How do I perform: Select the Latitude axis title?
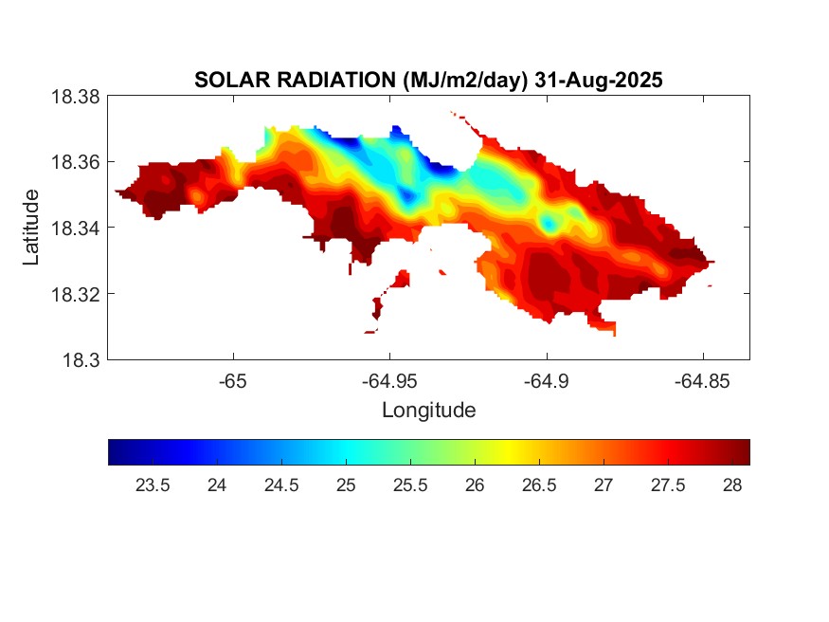31,228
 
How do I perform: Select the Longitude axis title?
428,411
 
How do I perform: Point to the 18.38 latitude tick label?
75,96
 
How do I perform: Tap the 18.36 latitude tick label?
75,162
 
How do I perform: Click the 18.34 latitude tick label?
75,228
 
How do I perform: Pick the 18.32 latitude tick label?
75,294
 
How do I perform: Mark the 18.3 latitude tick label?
81,360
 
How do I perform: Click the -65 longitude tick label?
233,381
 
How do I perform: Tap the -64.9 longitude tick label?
546,381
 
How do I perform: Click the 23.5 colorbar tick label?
153,485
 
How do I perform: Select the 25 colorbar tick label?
346,485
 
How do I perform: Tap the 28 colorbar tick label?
731,485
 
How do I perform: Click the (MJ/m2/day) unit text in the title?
460,81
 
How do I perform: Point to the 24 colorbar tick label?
217,485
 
